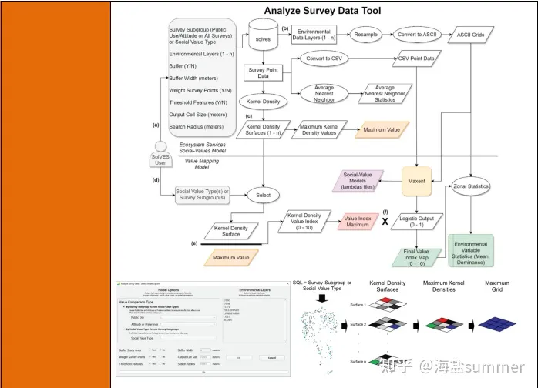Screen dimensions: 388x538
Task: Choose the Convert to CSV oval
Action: pyautogui.click(x=324, y=59)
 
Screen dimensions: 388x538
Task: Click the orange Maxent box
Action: pyautogui.click(x=418, y=181)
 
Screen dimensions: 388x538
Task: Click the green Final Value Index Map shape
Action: pyautogui.click(x=415, y=256)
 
